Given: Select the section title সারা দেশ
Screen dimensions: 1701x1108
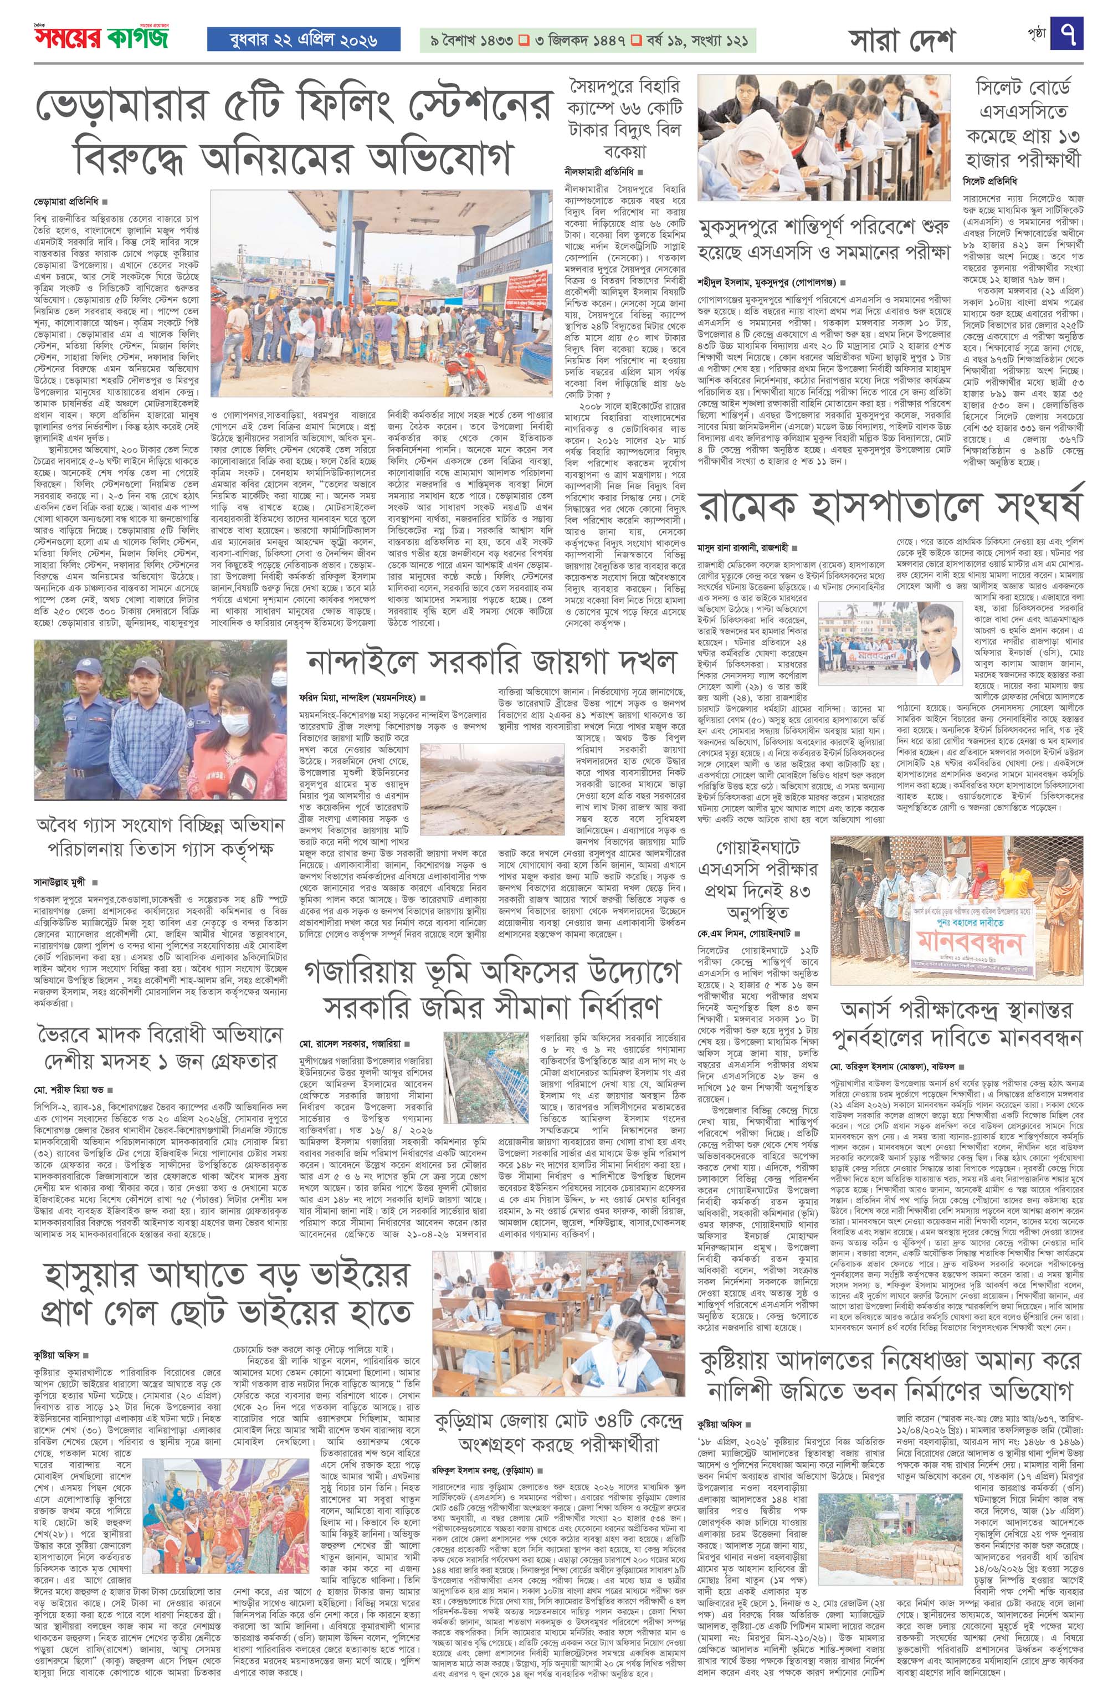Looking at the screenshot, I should click(901, 42).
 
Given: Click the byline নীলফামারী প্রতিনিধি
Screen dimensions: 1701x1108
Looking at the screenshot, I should click(600, 172).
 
